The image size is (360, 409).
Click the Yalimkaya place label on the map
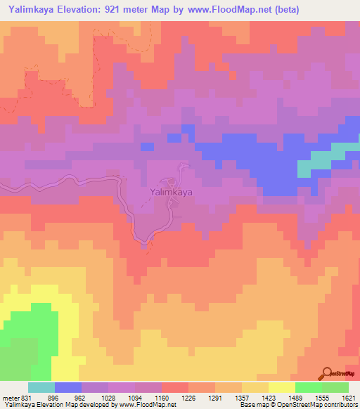[x=172, y=190]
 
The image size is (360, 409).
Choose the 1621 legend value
[x=348, y=398]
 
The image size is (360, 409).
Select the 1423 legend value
[x=268, y=398]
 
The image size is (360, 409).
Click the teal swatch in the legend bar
[x=41, y=387]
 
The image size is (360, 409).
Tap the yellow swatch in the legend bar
[x=281, y=387]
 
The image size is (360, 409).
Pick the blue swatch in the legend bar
[x=67, y=387]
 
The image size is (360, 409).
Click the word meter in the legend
[x=10, y=398]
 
